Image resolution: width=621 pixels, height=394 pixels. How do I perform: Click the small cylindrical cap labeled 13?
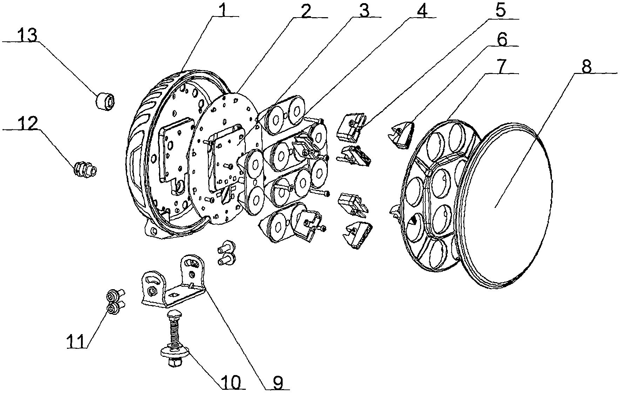pos(105,101)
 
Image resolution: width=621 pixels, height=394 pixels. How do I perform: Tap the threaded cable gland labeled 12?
pos(85,170)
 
